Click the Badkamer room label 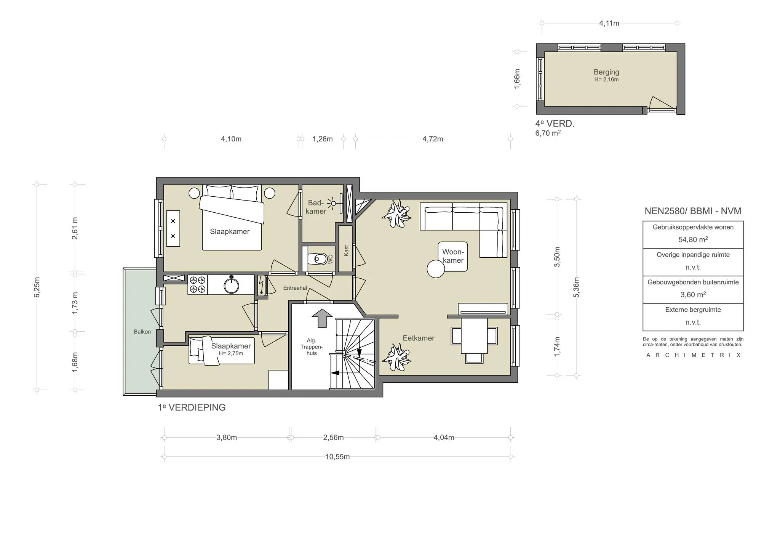(316, 207)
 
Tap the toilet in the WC (319, 259)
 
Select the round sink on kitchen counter (231, 285)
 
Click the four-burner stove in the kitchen (198, 285)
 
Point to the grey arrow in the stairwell (322, 318)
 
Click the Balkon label (142, 332)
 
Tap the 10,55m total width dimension (337, 457)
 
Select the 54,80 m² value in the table (693, 240)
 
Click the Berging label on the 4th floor (606, 72)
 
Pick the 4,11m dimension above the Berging (609, 23)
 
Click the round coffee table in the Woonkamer (436, 269)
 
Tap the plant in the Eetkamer (396, 357)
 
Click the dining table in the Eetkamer (474, 336)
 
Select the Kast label (346, 250)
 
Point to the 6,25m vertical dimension (37, 287)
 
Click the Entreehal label (295, 288)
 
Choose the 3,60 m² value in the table (693, 295)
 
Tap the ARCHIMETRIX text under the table (693, 355)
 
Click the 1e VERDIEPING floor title (192, 408)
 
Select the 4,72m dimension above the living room (432, 139)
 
